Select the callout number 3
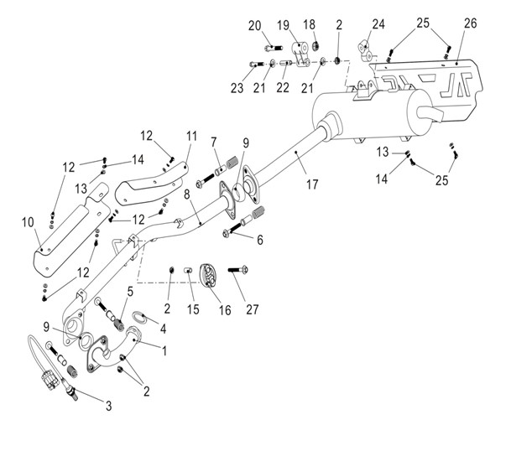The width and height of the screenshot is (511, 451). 107,406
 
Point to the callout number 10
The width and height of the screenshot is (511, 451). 29,223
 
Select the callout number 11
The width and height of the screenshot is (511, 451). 191,135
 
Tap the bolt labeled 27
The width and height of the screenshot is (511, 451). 236,270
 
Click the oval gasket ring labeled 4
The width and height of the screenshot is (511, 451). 140,317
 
